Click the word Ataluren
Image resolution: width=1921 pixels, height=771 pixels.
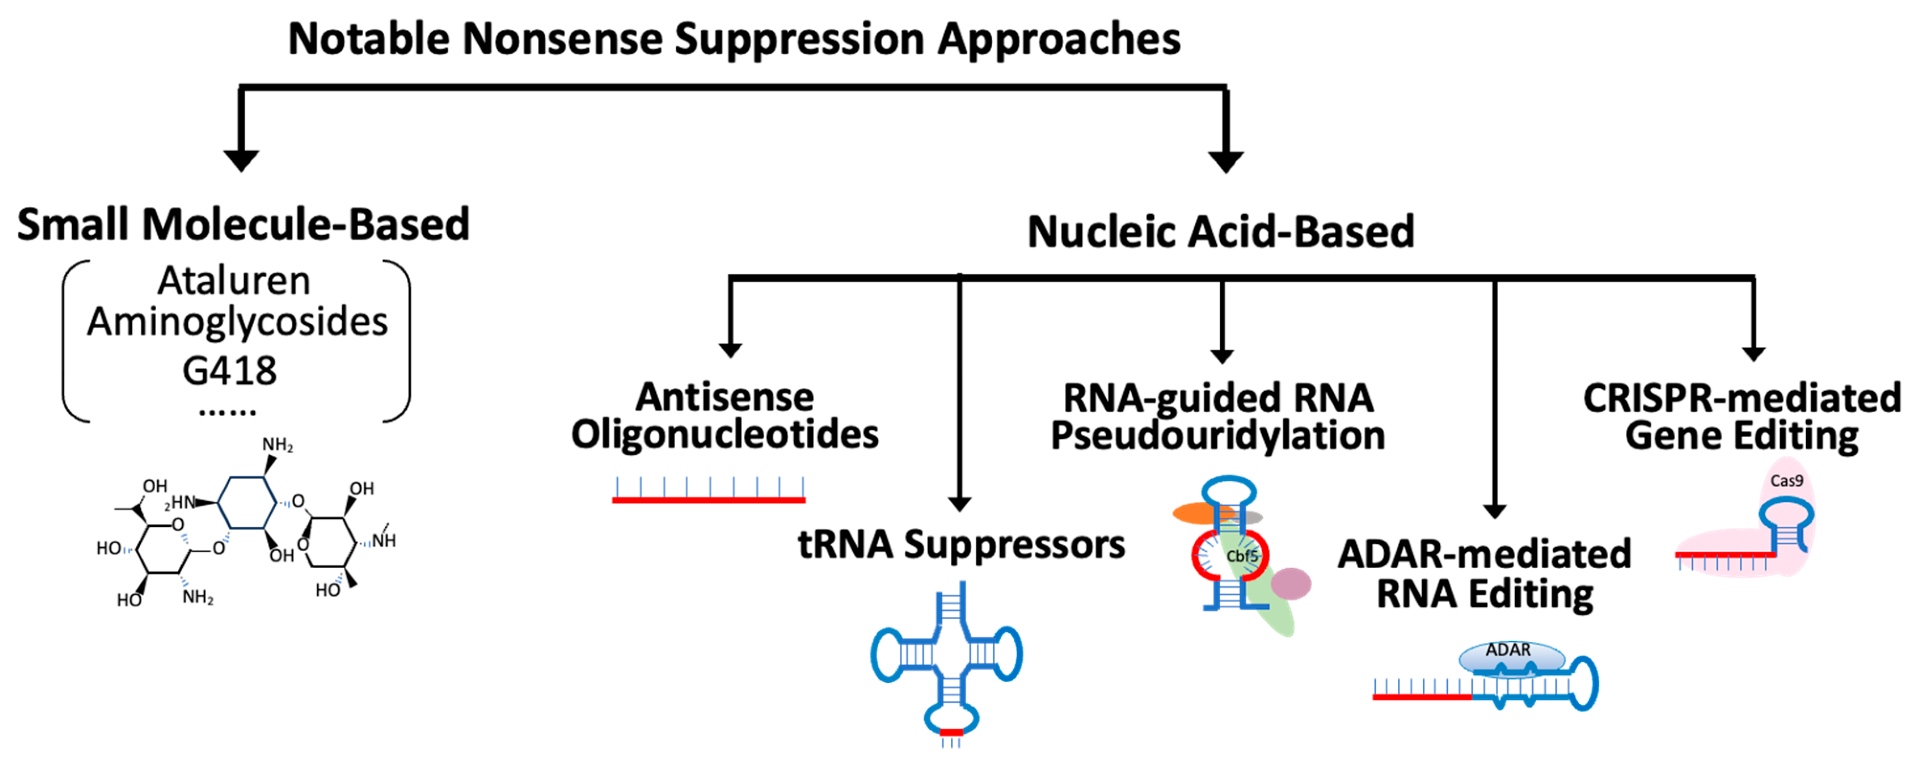pyautogui.click(x=234, y=282)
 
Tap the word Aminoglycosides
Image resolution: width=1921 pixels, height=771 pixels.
pyautogui.click(x=237, y=322)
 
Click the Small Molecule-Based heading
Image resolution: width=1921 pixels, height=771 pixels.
pyautogui.click(x=243, y=224)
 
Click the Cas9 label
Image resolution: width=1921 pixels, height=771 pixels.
pyautogui.click(x=1786, y=481)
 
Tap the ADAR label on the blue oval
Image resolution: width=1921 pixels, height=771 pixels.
pyautogui.click(x=1508, y=650)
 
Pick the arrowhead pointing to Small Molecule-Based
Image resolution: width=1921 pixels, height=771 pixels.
pyautogui.click(x=241, y=160)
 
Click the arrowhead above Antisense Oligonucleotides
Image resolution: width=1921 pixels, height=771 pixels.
pyautogui.click(x=730, y=350)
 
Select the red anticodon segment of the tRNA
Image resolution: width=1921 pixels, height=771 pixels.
pyautogui.click(x=951, y=733)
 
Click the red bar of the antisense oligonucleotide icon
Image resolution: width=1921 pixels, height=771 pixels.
pyautogui.click(x=709, y=499)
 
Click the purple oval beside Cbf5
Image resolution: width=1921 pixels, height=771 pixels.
pyautogui.click(x=1291, y=583)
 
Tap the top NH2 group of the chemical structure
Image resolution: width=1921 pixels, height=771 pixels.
pyautogui.click(x=277, y=445)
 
